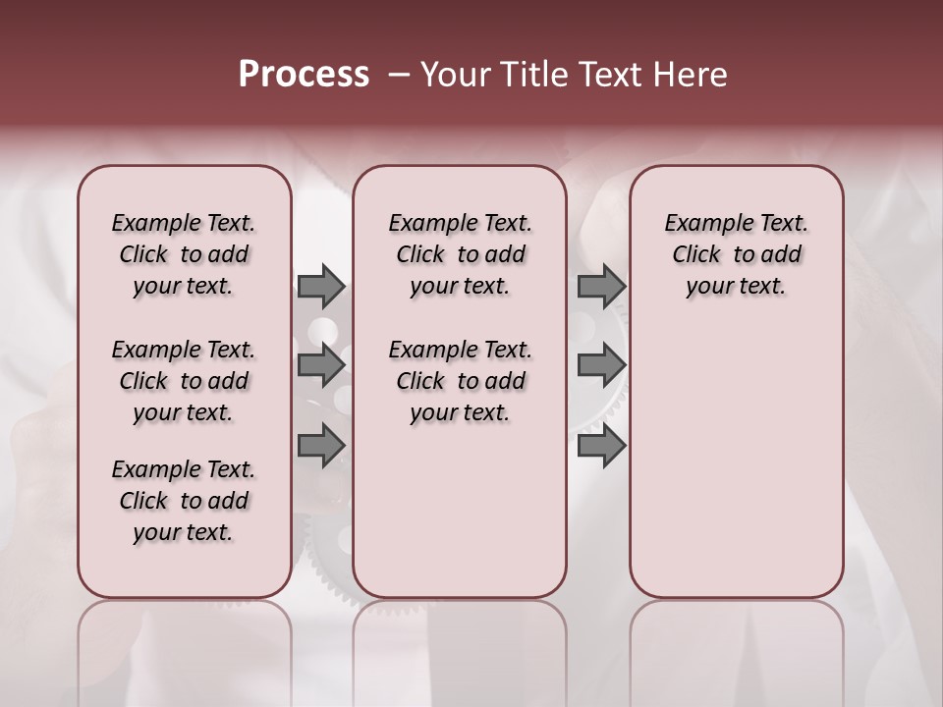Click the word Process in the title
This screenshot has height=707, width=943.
point(304,75)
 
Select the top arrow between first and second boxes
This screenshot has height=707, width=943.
point(321,286)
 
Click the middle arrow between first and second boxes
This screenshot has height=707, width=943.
point(321,365)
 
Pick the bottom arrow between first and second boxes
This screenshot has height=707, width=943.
point(321,446)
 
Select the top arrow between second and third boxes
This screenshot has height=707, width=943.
point(601,286)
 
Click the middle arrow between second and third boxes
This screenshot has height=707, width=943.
point(601,365)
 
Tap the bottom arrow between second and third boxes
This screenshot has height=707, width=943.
point(601,446)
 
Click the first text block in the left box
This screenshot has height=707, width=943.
point(184,254)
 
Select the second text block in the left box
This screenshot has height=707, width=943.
point(184,381)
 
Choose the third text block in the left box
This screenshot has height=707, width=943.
point(184,501)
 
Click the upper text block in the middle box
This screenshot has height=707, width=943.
point(460,254)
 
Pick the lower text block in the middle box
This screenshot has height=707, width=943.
point(460,381)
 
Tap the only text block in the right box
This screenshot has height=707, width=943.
point(736,254)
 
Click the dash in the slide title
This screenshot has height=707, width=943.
point(399,76)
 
